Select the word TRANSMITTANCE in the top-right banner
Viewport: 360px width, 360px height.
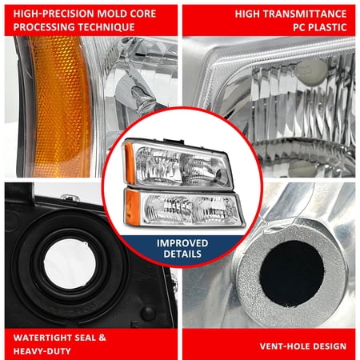(308, 14)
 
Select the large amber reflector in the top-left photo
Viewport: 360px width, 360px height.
(56, 100)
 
